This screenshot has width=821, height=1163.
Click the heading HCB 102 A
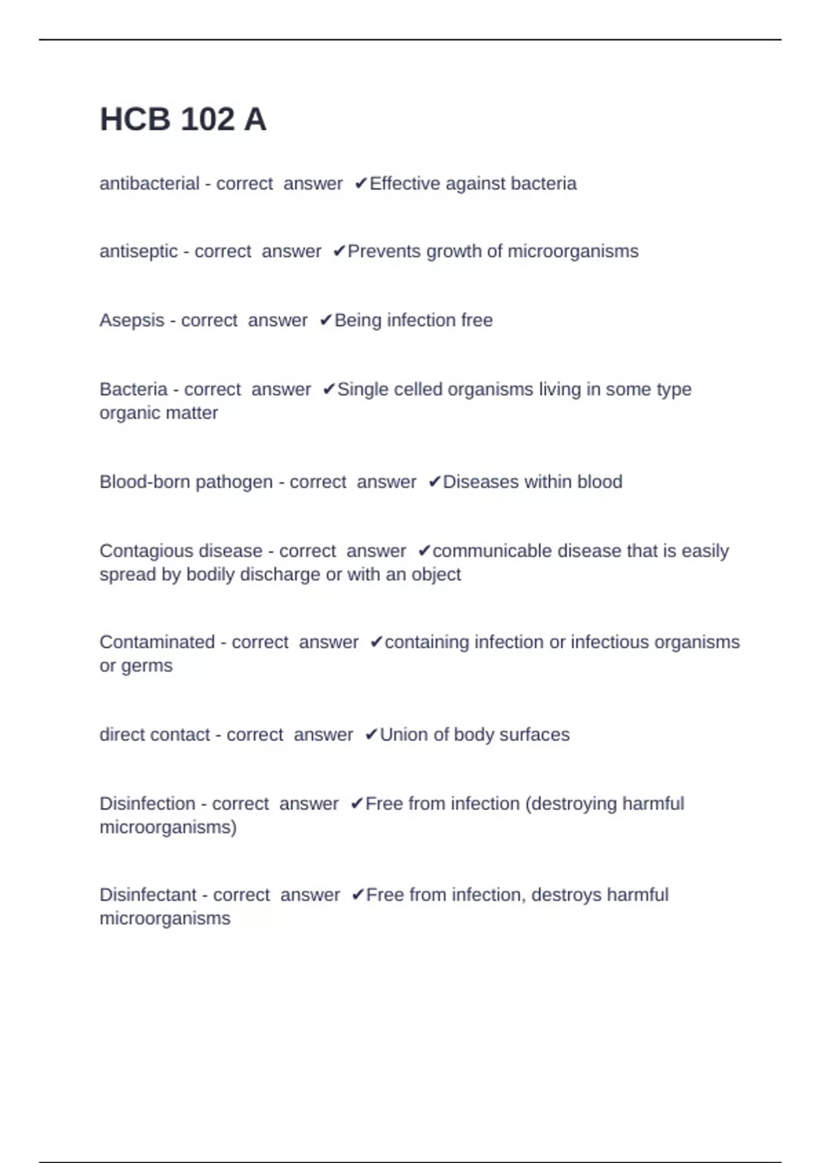tap(183, 120)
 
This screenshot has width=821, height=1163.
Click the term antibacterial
tap(149, 183)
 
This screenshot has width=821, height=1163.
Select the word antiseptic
tap(138, 252)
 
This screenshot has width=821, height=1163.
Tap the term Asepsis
tap(132, 320)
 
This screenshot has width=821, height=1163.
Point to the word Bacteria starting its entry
tap(133, 389)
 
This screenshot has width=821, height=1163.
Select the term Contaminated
tap(157, 642)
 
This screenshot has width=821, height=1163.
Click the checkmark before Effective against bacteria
tap(361, 183)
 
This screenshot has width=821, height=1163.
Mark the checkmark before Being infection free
tap(326, 320)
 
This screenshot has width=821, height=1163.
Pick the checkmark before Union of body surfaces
tap(371, 735)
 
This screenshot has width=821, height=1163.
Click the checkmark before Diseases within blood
tap(434, 482)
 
